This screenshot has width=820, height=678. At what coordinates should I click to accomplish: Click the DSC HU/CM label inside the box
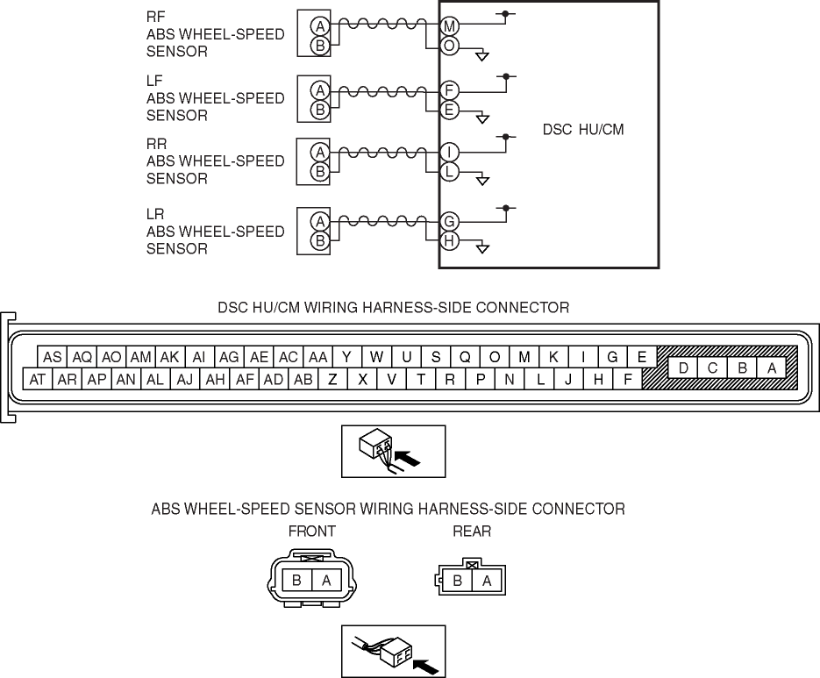pyautogui.click(x=583, y=130)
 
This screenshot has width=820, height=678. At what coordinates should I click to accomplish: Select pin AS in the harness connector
pyautogui.click(x=53, y=357)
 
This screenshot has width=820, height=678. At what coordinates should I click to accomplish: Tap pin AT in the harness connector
pyautogui.click(x=38, y=380)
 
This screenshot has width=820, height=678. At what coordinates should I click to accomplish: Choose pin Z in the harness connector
pyautogui.click(x=332, y=380)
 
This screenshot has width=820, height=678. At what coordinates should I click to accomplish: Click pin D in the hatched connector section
pyautogui.click(x=682, y=368)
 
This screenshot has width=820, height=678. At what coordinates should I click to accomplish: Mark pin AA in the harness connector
pyautogui.click(x=317, y=357)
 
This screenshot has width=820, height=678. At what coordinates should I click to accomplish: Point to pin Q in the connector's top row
pyautogui.click(x=465, y=357)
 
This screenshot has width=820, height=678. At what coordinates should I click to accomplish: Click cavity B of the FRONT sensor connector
pyautogui.click(x=297, y=580)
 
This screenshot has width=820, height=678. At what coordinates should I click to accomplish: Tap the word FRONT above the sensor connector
pyautogui.click(x=311, y=532)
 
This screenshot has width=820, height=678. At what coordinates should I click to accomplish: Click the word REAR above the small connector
pyautogui.click(x=472, y=532)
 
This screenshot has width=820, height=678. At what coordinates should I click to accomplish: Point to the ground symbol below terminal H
pyautogui.click(x=481, y=249)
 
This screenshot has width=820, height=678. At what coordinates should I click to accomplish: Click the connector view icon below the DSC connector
pyautogui.click(x=393, y=451)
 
